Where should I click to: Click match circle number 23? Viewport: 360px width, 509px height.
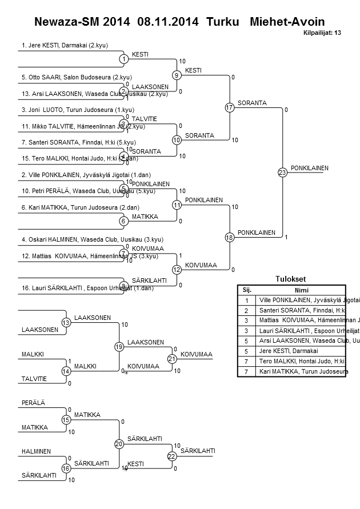pos(282,173)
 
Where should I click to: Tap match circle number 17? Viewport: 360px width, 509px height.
pos(229,107)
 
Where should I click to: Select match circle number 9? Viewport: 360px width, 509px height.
pos(177,75)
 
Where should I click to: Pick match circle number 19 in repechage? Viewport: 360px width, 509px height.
pos(119,347)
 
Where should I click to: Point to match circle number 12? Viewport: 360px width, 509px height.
pos(177,270)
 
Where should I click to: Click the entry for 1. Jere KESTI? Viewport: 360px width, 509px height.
pos(65,45)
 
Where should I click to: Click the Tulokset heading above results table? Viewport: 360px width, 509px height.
pos(290,279)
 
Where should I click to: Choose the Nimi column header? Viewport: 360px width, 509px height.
pos(301,290)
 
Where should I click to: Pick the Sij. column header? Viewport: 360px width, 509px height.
pos(246,290)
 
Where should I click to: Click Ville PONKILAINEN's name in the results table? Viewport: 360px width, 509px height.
pos(301,300)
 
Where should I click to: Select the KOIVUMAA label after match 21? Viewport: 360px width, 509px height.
pos(196,355)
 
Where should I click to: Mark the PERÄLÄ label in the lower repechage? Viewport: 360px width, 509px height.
pos(33,403)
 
